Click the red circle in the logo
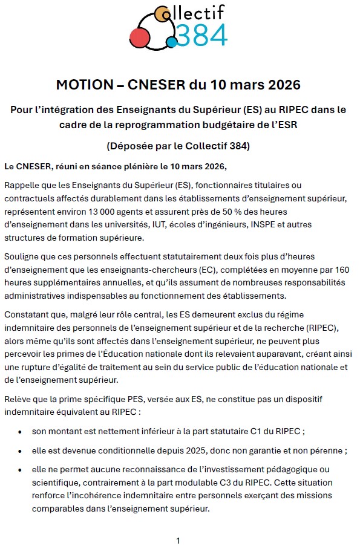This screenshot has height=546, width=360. point(140,38)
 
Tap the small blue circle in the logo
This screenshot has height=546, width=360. point(171,42)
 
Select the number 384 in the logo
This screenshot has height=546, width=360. point(200,36)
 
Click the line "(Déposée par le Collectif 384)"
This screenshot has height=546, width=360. point(178,146)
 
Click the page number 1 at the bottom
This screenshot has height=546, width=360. point(178,541)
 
